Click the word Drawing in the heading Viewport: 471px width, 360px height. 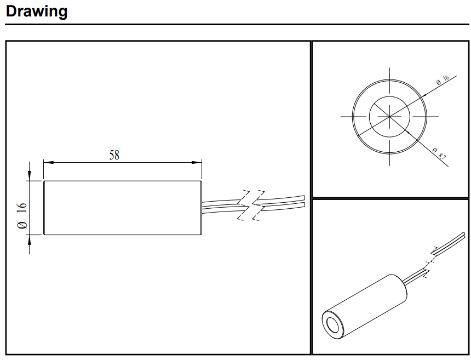(x=37, y=12)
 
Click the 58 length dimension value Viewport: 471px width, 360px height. (x=114, y=155)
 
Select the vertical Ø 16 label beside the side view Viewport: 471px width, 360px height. (x=22, y=215)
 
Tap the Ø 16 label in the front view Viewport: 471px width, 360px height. (x=443, y=79)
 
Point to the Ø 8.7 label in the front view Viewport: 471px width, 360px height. (x=439, y=153)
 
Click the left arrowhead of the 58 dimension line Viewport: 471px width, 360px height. (x=49, y=163)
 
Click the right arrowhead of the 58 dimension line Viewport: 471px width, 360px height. (x=197, y=163)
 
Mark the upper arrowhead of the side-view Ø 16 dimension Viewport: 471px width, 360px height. (x=30, y=175)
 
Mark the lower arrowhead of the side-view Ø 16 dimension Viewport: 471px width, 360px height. (x=30, y=240)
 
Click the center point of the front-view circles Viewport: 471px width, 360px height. (x=389, y=116)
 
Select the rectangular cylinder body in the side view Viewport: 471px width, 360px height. (x=123, y=208)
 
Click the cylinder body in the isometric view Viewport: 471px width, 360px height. (x=365, y=306)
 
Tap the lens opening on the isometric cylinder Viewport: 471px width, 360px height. (x=332, y=325)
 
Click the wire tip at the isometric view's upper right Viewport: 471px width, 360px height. (x=464, y=234)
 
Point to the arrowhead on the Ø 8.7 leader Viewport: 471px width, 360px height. (x=407, y=132)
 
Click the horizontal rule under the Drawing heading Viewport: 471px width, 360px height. (x=237, y=24)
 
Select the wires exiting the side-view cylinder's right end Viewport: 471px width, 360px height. (x=222, y=206)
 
